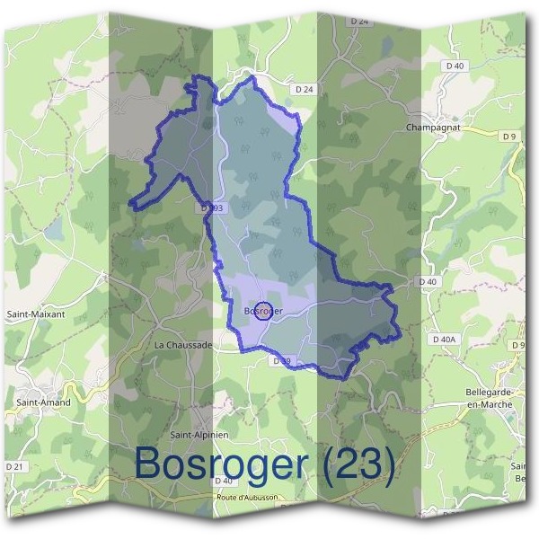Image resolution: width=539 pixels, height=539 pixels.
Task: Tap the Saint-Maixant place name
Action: tap(32, 314)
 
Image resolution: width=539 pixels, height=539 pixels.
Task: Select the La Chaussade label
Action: tap(183, 344)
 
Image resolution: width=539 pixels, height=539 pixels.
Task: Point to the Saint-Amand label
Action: tap(37, 403)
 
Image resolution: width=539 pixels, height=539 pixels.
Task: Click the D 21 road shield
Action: tap(13, 467)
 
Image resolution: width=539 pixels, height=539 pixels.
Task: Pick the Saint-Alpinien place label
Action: tap(200, 435)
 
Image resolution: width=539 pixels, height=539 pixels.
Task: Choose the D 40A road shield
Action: tap(445, 340)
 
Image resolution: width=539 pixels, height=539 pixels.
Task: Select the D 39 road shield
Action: tap(281, 361)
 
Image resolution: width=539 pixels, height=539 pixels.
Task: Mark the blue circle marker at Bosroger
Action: tap(263, 312)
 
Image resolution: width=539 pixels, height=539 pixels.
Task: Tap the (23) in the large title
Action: tap(359, 464)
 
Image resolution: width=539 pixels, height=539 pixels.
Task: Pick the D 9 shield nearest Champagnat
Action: tap(509, 136)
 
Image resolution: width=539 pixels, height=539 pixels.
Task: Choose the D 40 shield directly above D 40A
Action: tap(428, 282)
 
